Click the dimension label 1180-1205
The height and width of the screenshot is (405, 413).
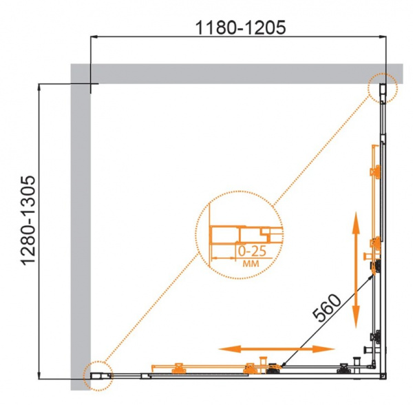pos(240,27)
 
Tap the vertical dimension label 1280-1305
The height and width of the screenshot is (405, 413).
pos(28,220)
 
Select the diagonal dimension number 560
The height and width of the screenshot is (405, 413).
pos(326,308)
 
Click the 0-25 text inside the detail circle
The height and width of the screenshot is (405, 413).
pos(252,251)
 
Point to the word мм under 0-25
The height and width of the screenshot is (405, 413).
pos(251,264)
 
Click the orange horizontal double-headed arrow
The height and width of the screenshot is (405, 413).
pos(277,349)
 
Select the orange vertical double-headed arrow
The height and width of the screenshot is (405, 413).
pos(356,269)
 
